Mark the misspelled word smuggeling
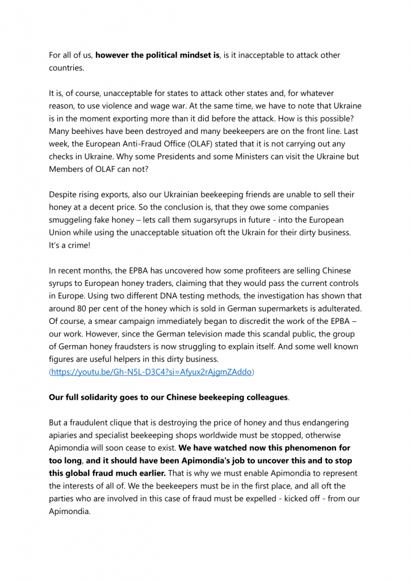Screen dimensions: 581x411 (74, 220)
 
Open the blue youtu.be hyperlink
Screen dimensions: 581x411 (152, 372)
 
